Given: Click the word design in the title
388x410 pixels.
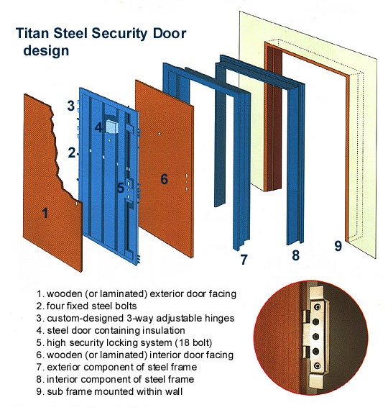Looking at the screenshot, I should tap(46, 51).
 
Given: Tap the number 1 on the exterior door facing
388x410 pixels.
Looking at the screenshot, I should tap(45, 212).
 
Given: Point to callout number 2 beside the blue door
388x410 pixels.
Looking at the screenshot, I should tap(71, 152).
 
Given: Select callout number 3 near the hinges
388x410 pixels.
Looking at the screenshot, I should tap(71, 106).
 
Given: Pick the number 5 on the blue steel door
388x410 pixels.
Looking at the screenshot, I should tap(120, 188).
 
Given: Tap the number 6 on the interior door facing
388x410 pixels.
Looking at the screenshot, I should tap(164, 178).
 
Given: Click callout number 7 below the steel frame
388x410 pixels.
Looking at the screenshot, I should tap(244, 259).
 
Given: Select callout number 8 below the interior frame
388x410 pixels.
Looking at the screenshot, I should tap(295, 254).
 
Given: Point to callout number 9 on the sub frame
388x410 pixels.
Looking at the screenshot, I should tap(338, 245).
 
